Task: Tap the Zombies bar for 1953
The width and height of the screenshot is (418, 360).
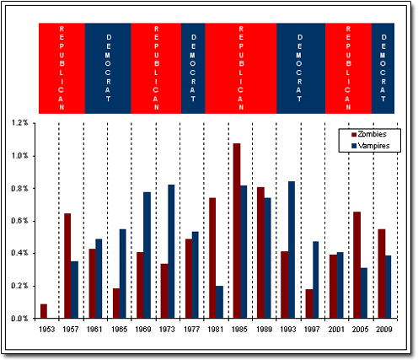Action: click(43, 311)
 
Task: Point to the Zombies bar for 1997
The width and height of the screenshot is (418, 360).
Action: click(308, 304)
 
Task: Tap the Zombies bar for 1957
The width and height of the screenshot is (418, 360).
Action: click(67, 266)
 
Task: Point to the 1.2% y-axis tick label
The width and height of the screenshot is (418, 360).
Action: click(19, 123)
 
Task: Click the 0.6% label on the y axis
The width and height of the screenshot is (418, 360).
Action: click(19, 221)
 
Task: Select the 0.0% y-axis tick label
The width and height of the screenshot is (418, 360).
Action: click(19, 319)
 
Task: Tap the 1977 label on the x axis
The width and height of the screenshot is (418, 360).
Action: click(192, 329)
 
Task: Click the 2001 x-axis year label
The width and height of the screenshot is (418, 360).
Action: click(336, 329)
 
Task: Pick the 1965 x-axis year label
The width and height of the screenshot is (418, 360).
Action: click(120, 329)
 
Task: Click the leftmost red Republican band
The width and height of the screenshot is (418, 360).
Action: click(62, 67)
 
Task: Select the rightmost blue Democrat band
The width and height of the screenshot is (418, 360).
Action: click(383, 67)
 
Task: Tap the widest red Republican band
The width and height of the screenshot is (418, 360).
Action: click(241, 67)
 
